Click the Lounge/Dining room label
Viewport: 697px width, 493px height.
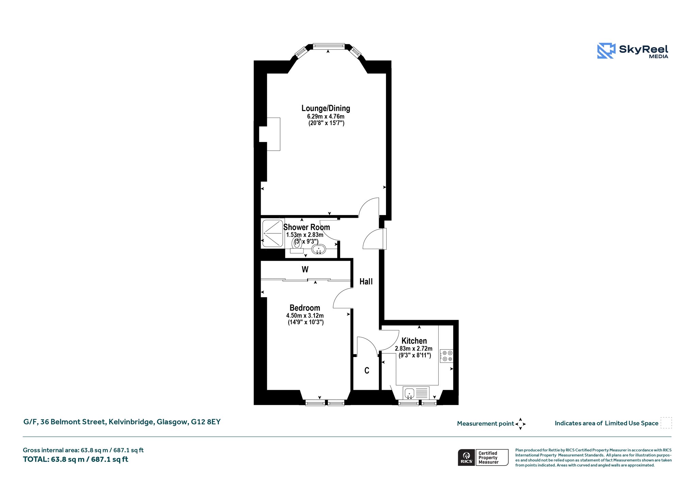[326, 108]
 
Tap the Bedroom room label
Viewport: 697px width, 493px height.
[305, 308]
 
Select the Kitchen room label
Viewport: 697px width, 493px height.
[414, 341]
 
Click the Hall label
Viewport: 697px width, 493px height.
[366, 281]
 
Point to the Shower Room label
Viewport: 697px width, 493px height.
[307, 227]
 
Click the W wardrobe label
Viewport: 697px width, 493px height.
[305, 269]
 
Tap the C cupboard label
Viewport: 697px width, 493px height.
[367, 370]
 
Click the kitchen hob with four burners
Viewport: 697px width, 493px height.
[447, 356]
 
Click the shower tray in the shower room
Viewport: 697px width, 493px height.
[273, 233]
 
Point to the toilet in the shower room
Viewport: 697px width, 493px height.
[297, 246]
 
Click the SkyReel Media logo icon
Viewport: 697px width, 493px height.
[606, 51]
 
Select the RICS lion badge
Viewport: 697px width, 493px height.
[467, 457]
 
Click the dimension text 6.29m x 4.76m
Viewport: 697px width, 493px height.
[326, 117]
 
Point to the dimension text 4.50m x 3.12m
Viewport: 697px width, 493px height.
[305, 316]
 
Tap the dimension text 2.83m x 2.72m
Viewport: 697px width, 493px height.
[414, 349]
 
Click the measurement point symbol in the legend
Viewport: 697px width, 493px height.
[520, 424]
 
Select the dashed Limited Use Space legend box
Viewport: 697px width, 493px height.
[666, 423]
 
